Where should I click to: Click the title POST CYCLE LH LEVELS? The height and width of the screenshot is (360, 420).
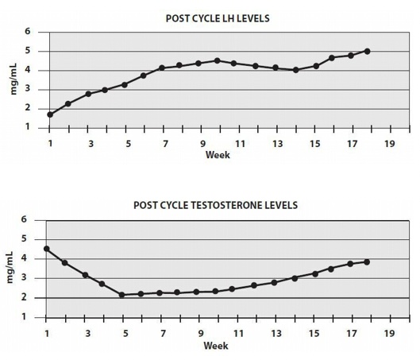(216, 17)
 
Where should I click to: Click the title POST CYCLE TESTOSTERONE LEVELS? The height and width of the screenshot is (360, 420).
(216, 205)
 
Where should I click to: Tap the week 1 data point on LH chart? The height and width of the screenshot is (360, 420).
(50, 114)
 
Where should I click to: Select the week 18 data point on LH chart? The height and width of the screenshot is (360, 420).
(367, 52)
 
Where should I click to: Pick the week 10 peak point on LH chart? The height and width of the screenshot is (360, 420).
(218, 60)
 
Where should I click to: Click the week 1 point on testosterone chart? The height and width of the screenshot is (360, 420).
(47, 249)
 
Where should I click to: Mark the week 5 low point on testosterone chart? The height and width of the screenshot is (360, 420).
(121, 295)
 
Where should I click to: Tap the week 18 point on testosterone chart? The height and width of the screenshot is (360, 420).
(367, 262)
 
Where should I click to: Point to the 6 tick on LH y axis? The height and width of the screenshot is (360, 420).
(28, 33)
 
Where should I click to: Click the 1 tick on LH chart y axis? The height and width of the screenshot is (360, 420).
(28, 127)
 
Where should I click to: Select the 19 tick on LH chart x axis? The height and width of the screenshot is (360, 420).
(389, 144)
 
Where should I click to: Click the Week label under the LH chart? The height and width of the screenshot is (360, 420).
(218, 155)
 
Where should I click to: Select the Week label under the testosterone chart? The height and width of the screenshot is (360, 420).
(216, 346)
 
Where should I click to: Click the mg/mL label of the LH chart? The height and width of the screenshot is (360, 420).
(13, 79)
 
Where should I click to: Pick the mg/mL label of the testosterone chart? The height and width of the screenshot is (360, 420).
(12, 268)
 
